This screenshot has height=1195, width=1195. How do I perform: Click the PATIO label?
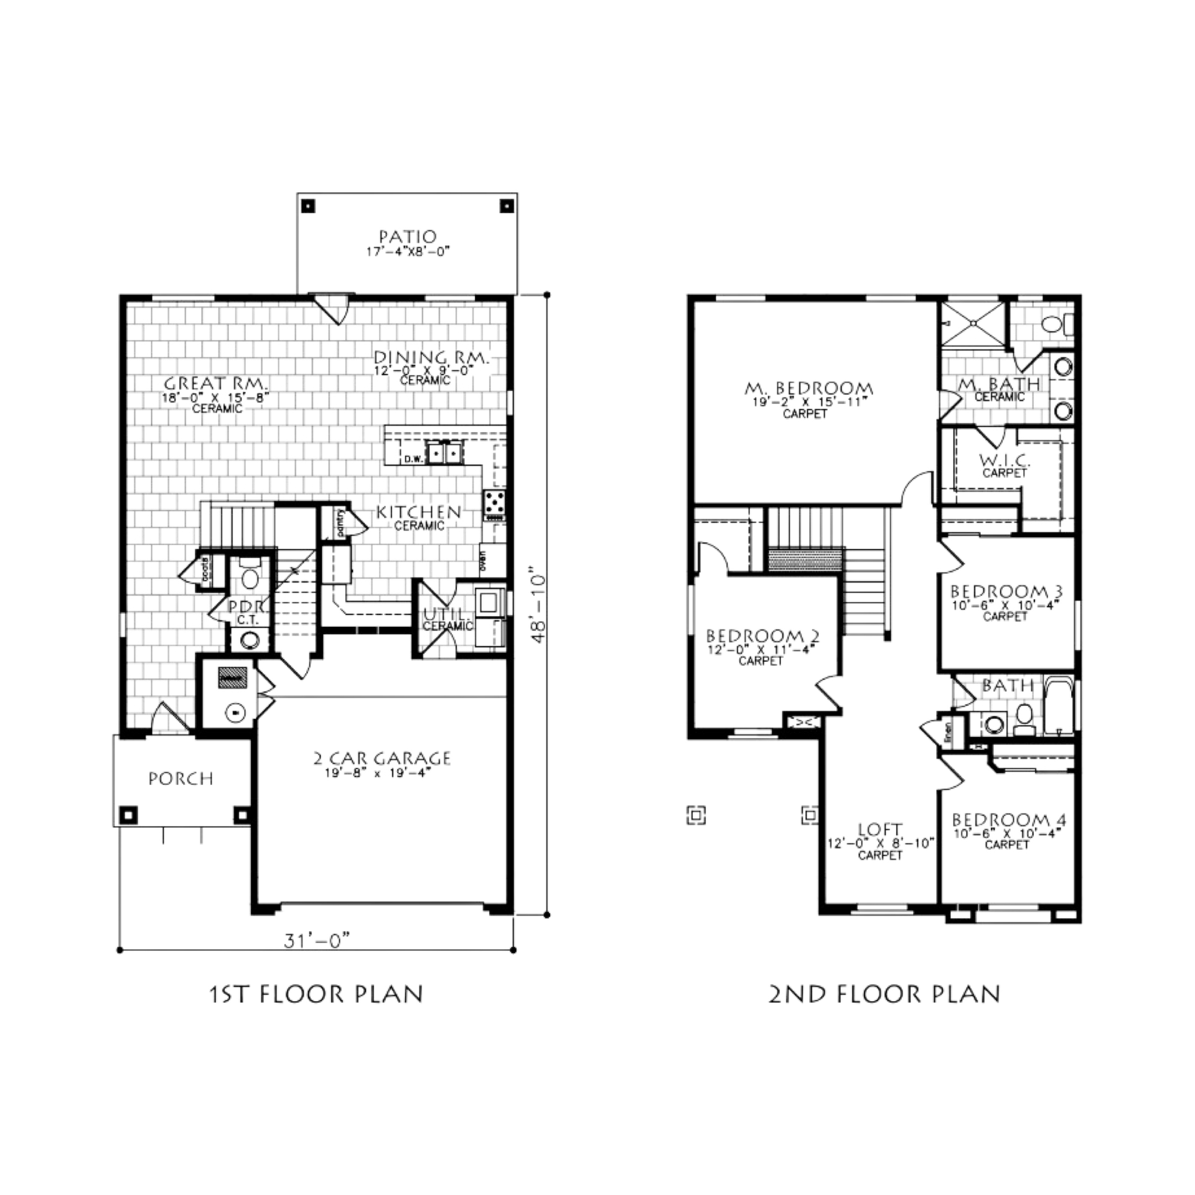[x=407, y=236]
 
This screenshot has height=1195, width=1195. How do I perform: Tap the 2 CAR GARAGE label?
[x=381, y=757]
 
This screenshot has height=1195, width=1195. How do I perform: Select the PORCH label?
[x=181, y=777]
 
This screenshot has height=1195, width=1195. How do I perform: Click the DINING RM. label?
[x=433, y=358]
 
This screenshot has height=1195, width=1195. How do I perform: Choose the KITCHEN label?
[x=418, y=511]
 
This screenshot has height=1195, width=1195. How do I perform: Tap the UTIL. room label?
[x=444, y=614]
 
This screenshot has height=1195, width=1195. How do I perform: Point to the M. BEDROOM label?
[x=807, y=390]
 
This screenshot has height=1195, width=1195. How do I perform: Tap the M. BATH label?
[x=998, y=385]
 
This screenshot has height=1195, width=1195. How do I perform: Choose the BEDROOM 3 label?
[x=1004, y=590]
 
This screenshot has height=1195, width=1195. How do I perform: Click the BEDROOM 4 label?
[x=1008, y=819]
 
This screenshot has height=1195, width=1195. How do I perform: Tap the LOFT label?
[x=881, y=829]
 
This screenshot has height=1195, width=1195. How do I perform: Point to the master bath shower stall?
[x=972, y=323]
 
